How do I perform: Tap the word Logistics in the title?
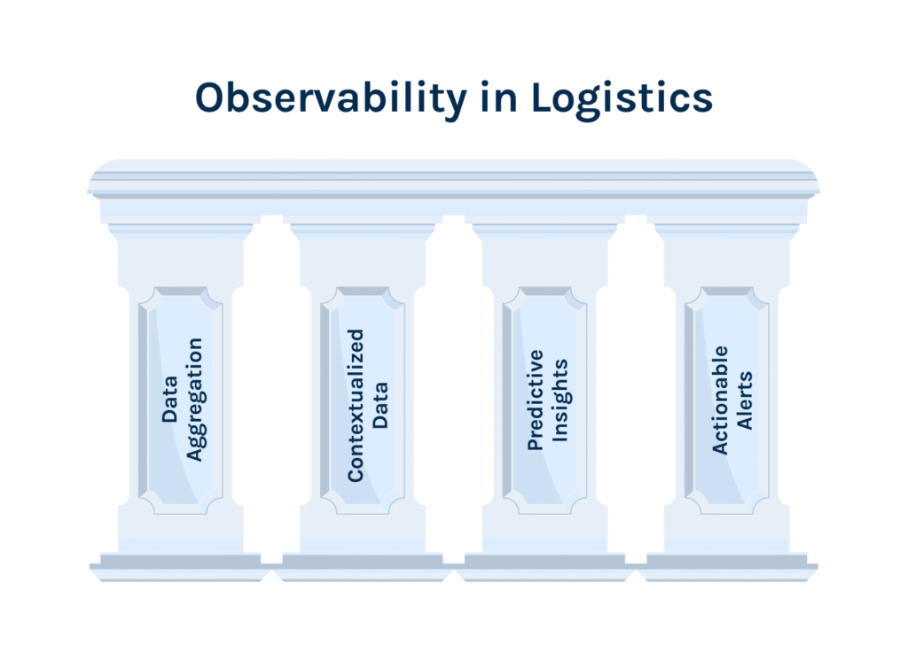(x=622, y=98)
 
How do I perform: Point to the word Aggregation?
(x=194, y=400)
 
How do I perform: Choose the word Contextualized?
(x=356, y=406)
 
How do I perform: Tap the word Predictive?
(x=536, y=400)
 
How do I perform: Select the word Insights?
(x=560, y=400)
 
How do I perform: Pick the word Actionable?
(x=720, y=400)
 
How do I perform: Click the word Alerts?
(x=745, y=400)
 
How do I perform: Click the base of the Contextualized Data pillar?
(x=363, y=563)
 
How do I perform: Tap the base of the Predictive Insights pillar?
(x=544, y=563)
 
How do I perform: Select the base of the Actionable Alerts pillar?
(x=727, y=563)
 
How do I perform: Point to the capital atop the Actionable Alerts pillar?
(x=727, y=232)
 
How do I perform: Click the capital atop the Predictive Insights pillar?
(x=544, y=232)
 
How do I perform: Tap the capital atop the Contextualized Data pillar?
(x=363, y=232)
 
